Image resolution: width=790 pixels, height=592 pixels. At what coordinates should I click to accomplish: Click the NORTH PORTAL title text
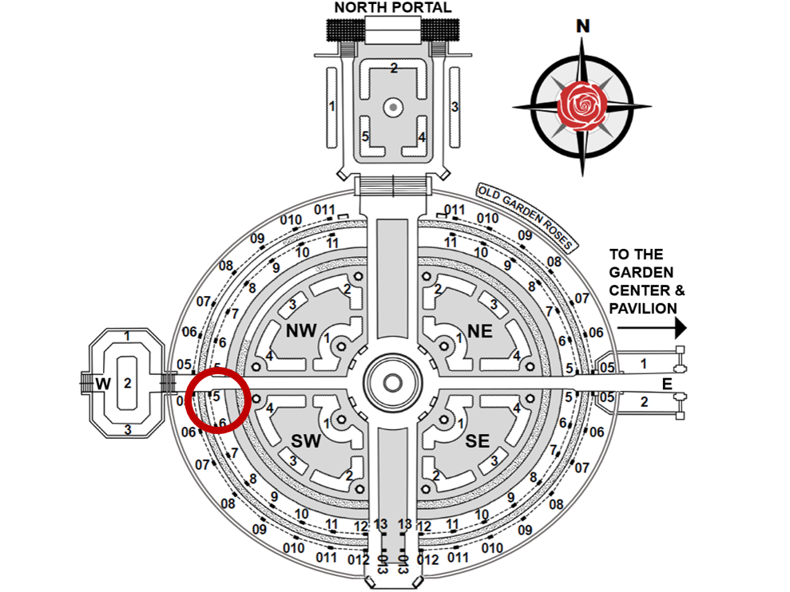click(392, 8)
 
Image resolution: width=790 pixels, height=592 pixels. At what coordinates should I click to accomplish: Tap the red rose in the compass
click(582, 105)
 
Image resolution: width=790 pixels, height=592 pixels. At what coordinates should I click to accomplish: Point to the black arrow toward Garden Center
click(652, 327)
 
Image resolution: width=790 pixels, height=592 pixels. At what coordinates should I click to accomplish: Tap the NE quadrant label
click(480, 330)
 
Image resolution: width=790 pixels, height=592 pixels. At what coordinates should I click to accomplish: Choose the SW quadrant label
click(305, 440)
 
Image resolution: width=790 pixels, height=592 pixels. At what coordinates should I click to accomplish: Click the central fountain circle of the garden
click(392, 382)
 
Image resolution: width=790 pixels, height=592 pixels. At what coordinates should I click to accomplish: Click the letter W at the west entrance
click(103, 384)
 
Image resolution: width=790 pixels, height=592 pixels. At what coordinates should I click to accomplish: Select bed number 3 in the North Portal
click(455, 106)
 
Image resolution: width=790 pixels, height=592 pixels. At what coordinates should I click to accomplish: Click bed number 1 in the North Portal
click(331, 106)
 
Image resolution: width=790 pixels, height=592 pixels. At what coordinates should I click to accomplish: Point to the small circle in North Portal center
click(392, 106)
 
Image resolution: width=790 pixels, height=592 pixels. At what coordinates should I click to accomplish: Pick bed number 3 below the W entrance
click(126, 429)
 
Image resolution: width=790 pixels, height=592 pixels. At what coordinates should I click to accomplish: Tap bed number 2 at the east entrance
click(644, 401)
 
